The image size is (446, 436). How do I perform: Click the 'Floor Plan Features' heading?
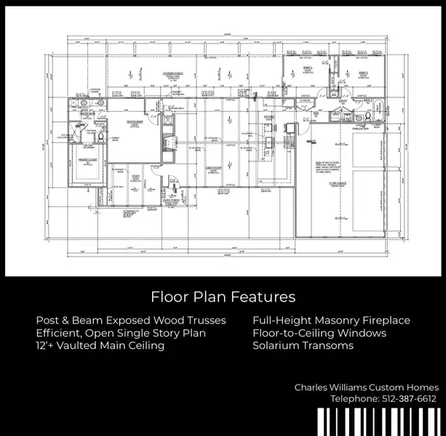(223, 297)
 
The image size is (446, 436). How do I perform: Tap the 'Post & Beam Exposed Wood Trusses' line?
(131, 320)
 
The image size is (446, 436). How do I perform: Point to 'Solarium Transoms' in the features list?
(303, 346)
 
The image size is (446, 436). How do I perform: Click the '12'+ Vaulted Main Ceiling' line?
(100, 346)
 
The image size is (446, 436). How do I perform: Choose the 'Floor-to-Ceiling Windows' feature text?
(319, 334)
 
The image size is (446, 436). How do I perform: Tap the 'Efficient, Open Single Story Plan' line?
(121, 334)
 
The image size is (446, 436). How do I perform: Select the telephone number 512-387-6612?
(383, 399)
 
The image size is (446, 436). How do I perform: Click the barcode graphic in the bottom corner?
(379, 422)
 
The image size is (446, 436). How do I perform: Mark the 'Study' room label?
(135, 175)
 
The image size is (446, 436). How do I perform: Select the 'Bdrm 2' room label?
(308, 68)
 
